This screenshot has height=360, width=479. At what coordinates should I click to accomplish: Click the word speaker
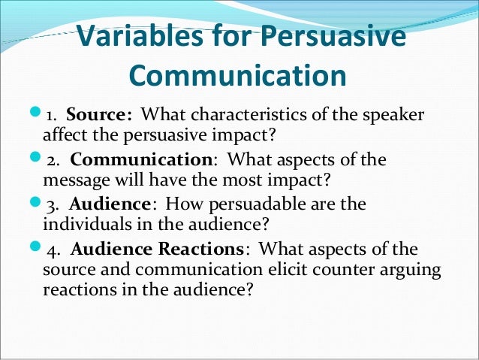tap(389, 115)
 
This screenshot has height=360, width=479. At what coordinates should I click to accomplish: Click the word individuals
tap(79, 223)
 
